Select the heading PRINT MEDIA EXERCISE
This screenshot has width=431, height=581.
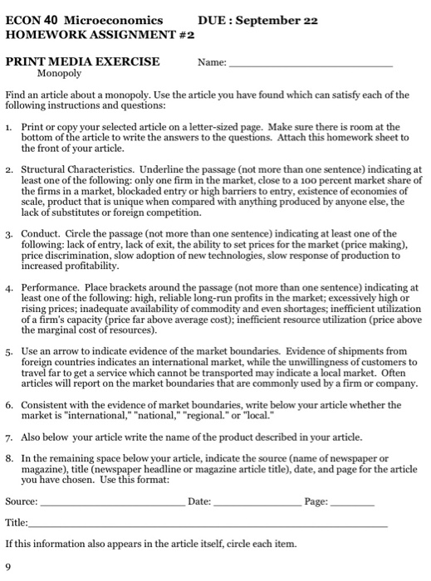coord(82,61)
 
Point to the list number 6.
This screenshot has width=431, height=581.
coord(8,404)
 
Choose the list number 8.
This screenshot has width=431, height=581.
coord(8,457)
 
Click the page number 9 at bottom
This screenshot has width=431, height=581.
coord(7,567)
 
